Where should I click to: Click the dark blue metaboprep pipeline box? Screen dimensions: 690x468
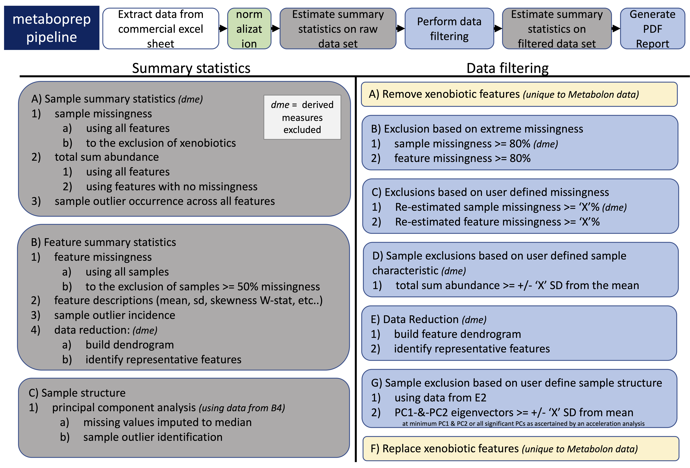(x=52, y=28)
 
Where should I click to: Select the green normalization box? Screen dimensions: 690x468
(x=249, y=28)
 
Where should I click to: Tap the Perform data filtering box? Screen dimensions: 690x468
(x=449, y=28)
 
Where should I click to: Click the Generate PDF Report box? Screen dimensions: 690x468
(x=652, y=28)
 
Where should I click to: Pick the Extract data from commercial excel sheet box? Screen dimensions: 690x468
(x=161, y=28)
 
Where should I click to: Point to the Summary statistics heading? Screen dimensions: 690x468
(x=191, y=68)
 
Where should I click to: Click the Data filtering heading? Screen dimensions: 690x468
(x=507, y=68)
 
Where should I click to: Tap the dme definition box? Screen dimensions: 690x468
(x=302, y=117)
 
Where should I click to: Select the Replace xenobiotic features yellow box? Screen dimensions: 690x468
(x=521, y=448)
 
